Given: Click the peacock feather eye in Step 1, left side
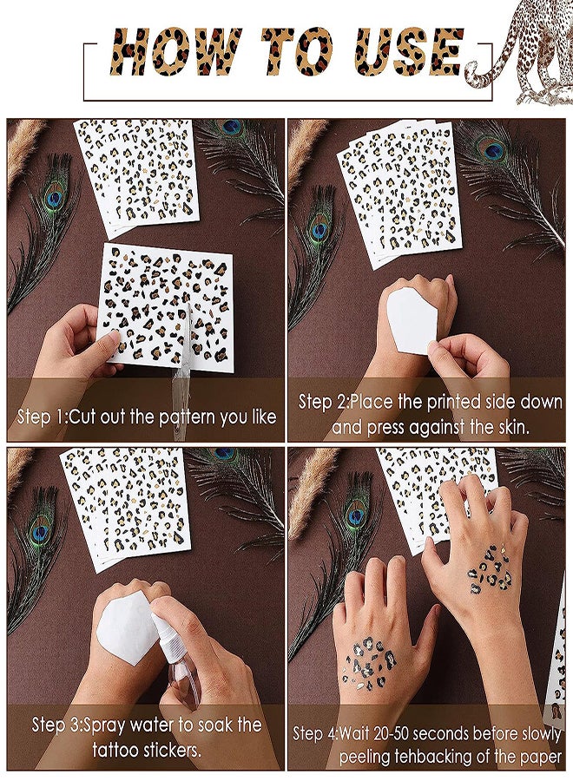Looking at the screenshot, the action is pos(53,198).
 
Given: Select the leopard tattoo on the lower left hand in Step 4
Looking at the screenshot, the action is pos(370,662).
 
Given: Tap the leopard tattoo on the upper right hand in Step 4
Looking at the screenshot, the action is pos(491,571).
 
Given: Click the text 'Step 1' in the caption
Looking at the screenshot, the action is pos(40,417).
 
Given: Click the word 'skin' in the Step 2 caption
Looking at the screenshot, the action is pos(510,427).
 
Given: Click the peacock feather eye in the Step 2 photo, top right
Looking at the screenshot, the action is pos(491,148).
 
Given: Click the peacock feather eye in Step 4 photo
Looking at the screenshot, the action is pos(357,516).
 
